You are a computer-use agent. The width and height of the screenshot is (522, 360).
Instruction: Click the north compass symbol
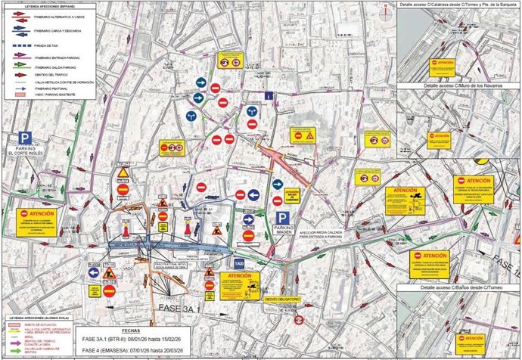point(387,10)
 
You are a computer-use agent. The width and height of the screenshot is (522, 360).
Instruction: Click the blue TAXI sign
point(238,263)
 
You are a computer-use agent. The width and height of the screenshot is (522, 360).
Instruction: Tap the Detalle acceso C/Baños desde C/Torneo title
point(458,288)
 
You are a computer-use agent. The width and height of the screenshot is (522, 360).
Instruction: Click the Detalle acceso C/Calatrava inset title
point(458,5)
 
